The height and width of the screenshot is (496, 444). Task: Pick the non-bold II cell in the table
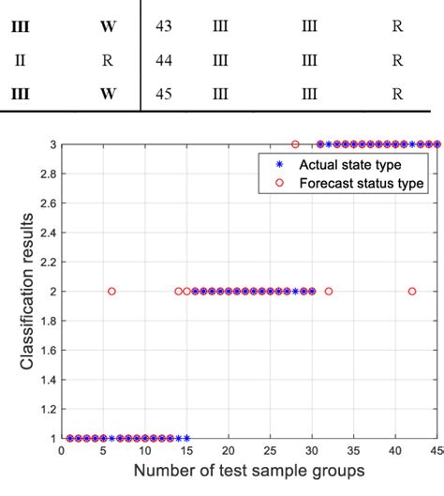point(20,60)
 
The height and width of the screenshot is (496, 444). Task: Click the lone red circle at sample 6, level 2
point(111,292)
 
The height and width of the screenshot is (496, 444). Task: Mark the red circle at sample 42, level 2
point(412,292)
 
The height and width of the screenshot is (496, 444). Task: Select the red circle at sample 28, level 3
point(295,144)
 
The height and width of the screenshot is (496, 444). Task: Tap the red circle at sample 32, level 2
point(328,292)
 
